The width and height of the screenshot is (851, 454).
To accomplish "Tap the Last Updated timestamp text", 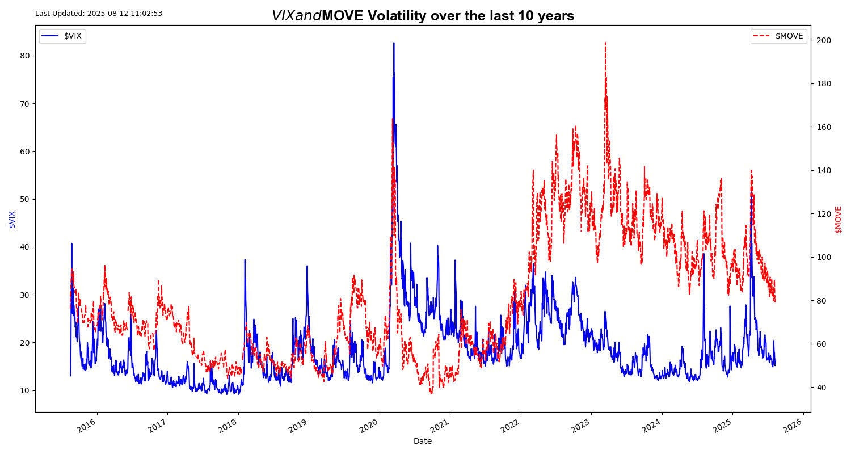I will tap(99, 14).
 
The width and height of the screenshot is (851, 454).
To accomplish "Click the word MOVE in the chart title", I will tap(342, 16).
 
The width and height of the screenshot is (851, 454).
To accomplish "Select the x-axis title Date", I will tap(423, 441).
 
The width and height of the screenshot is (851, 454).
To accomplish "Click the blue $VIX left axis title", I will tap(12, 219).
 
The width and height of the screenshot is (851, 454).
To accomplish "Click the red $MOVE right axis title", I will tap(838, 219).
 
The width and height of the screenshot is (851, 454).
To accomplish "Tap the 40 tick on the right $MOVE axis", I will tap(821, 388).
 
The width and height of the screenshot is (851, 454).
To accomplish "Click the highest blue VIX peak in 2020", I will tap(394, 43).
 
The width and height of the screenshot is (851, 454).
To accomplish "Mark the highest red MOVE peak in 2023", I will tap(605, 43).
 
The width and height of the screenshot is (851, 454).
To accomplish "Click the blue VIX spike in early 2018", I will tap(245, 260).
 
